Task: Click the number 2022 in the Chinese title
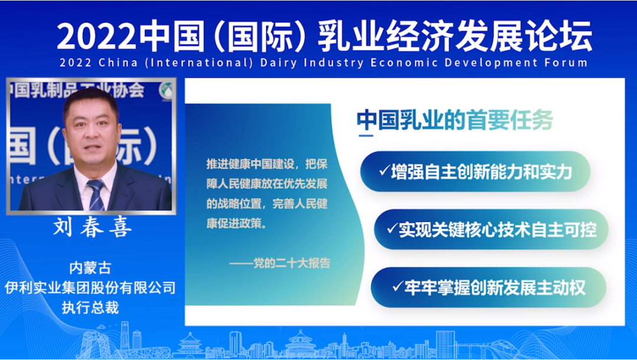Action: point(96,37)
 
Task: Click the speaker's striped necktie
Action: point(96,194)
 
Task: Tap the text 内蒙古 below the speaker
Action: point(90,268)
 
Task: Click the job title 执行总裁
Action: point(90,307)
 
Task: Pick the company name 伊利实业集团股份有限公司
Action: point(90,287)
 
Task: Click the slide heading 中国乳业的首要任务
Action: point(455,120)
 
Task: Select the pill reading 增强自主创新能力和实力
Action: point(475,172)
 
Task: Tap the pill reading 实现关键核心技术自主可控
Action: point(491,230)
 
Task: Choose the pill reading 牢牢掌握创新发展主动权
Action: point(488,287)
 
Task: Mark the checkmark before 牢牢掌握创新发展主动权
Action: point(398,286)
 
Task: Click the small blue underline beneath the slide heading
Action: point(366,135)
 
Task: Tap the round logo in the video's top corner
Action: point(165,91)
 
